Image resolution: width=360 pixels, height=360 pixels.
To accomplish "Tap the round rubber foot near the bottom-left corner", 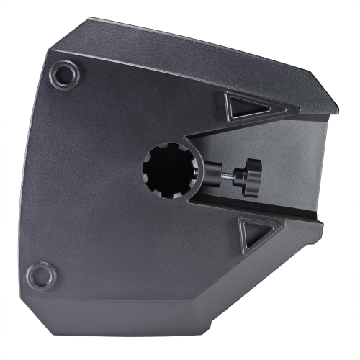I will click(42, 274).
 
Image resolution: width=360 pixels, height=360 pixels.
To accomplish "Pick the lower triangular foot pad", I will click(253, 235).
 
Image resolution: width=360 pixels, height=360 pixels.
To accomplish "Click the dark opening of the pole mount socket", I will click(167, 171).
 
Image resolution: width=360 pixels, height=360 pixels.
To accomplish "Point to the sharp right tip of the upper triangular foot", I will click(270, 110).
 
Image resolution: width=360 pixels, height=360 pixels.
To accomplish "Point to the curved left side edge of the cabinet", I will click(27, 173).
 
